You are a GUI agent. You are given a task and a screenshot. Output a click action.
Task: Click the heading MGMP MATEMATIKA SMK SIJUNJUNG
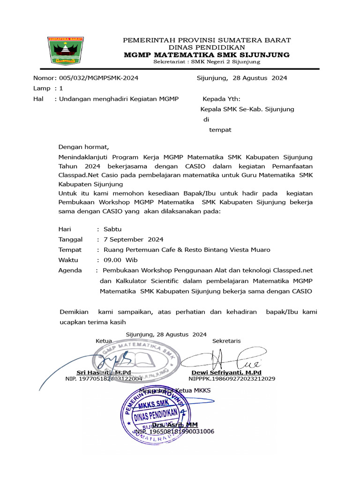pos(207,55)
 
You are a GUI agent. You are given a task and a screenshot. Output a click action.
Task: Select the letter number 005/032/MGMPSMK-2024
pos(97,78)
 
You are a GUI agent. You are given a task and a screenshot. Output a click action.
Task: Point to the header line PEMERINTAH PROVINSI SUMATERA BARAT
pos(207,40)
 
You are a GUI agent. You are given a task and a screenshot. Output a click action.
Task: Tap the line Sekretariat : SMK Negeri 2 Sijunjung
pos(207,62)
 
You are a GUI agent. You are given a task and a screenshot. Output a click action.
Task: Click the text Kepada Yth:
pos(221,99)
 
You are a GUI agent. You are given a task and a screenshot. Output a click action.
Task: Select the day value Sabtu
pos(112,229)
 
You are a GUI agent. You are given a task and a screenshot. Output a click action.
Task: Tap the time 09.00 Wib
pos(120,260)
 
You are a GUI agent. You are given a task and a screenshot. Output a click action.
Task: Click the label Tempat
pos(70,250)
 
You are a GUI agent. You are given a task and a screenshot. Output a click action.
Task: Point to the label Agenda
pos(70,270)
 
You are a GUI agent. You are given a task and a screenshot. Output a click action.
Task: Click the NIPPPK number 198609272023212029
pos(232,378)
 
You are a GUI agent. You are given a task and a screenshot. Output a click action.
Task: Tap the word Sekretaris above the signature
pos(226,341)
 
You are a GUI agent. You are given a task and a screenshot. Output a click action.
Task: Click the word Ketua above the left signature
pos(104,341)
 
